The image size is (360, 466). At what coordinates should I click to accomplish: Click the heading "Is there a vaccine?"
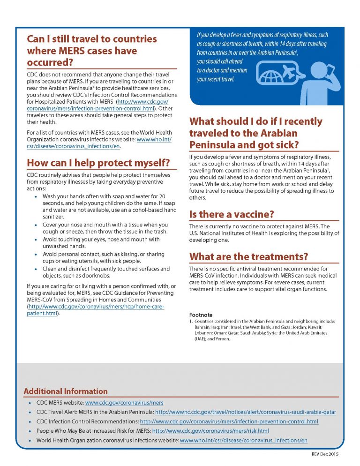coord(232,215)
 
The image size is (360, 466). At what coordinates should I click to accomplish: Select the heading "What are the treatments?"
coord(248,256)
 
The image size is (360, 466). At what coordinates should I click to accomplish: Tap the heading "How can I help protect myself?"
coord(98,163)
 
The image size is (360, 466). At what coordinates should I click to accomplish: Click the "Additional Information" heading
coord(66,391)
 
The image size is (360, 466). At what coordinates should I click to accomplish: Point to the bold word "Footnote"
coord(201,315)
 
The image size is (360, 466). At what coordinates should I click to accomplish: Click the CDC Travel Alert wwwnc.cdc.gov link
coord(245,412)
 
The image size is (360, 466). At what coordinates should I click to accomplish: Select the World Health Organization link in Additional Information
coord(244,440)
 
